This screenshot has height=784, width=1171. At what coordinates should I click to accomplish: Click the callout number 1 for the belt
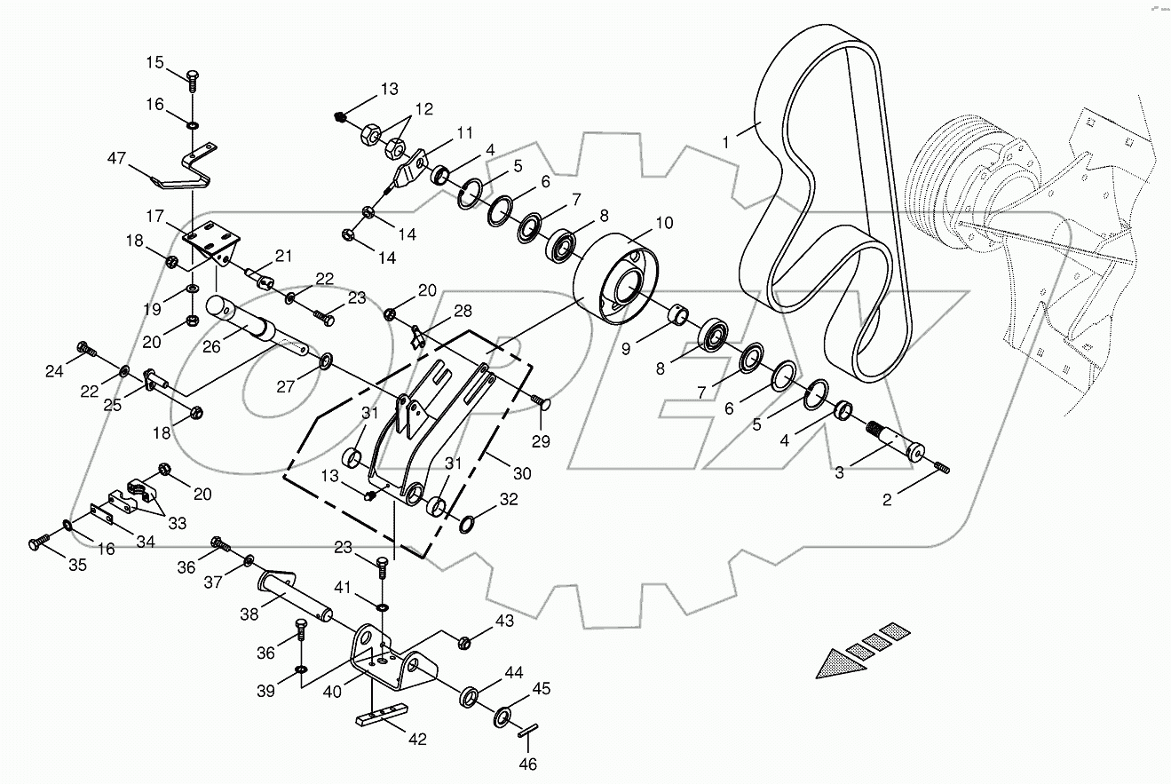tap(726, 141)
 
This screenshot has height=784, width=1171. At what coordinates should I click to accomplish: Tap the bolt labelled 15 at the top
tap(191, 79)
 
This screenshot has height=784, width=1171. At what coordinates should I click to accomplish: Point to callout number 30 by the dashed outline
tap(522, 474)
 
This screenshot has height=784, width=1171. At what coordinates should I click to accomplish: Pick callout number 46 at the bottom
tap(527, 764)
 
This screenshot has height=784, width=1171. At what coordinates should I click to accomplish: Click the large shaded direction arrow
tap(839, 661)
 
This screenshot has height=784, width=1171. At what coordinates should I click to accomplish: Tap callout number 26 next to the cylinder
tap(210, 347)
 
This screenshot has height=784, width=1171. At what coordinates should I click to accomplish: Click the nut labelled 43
tap(464, 640)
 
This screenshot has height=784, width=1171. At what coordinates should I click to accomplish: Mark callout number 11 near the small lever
tap(465, 133)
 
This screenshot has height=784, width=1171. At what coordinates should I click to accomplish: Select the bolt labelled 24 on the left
tap(83, 349)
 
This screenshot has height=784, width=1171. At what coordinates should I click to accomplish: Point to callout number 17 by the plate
tap(156, 216)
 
